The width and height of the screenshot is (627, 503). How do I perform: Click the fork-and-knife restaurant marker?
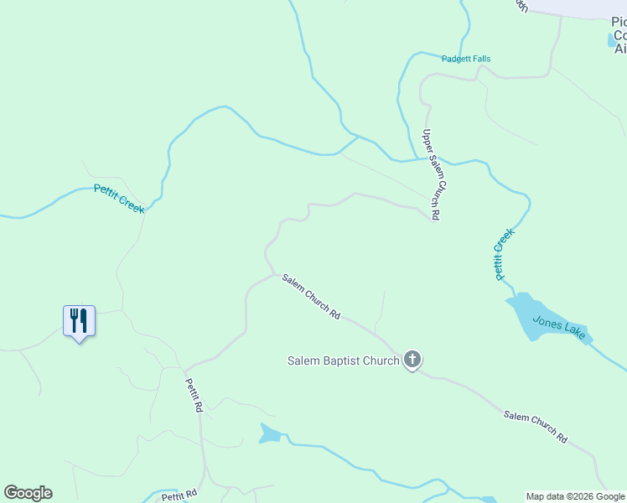[79, 321]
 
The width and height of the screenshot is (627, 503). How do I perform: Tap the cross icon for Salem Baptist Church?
[412, 360]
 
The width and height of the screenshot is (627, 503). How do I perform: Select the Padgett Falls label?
[466, 59]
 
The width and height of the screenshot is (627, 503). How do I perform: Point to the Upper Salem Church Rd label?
[432, 174]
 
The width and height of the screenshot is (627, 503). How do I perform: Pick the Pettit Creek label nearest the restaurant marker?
[119, 199]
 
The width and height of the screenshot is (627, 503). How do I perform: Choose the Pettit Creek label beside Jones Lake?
[502, 256]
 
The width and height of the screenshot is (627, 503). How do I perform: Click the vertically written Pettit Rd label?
[194, 393]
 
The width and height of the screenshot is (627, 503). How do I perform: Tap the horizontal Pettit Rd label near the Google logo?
[179, 495]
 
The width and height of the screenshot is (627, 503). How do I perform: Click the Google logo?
[28, 493]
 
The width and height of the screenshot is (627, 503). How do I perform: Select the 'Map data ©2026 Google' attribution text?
[575, 496]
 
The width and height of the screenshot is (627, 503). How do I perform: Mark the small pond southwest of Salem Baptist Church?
[269, 433]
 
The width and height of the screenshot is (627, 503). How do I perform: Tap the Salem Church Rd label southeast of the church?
[536, 427]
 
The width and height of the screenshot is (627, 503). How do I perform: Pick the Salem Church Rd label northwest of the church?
[311, 297]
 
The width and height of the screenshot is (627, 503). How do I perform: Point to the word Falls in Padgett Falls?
[480, 59]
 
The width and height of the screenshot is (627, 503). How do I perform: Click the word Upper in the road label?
[427, 139]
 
